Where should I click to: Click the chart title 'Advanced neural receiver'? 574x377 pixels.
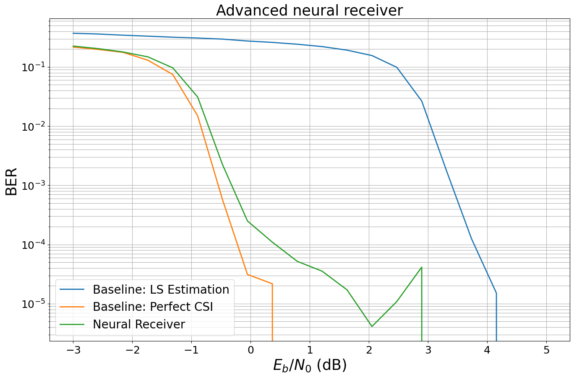tap(309, 10)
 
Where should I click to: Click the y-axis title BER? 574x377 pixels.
tap(12, 181)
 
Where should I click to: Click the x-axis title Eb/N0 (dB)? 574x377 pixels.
tap(310, 365)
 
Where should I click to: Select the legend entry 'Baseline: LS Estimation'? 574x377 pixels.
tap(161, 289)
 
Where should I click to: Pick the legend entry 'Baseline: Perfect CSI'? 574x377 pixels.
tap(153, 307)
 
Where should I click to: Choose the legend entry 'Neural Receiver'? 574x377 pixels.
tap(139, 324)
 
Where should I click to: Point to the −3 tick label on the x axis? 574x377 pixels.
tap(73, 350)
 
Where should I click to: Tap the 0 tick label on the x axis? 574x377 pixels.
tap(250, 350)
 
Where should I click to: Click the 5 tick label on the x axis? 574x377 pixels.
tap(546, 350)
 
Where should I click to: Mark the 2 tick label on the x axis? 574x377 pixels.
tap(369, 350)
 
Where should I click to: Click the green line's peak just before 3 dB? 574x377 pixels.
tap(421, 267)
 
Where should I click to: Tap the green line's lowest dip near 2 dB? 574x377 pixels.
tap(371, 326)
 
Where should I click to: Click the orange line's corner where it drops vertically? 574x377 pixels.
tap(272, 284)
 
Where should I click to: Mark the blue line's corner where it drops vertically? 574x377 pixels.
tap(496, 293)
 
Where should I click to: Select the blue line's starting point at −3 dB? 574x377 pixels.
tap(73, 33)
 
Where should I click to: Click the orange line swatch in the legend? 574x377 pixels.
tap(72, 307)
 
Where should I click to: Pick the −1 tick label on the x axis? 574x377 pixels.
tap(191, 350)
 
